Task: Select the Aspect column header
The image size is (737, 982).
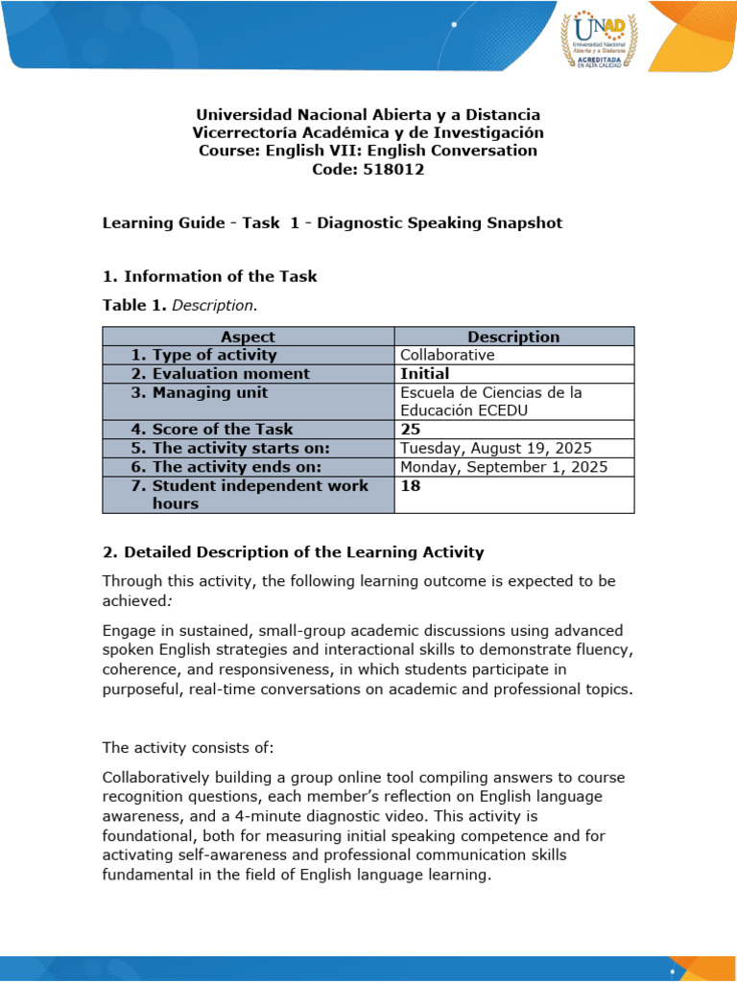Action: click(x=248, y=337)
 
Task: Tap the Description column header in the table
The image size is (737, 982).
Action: click(x=513, y=337)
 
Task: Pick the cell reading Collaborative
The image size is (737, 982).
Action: click(x=447, y=355)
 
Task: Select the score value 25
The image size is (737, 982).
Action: click(x=411, y=429)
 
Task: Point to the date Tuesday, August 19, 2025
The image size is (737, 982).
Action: click(x=495, y=448)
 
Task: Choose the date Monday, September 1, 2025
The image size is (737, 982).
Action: click(x=504, y=467)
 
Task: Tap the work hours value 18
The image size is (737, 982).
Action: click(x=411, y=485)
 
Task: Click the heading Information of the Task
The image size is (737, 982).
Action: click(x=209, y=276)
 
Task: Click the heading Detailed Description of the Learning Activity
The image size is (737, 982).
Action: click(x=293, y=552)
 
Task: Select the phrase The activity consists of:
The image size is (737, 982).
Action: click(x=188, y=747)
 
